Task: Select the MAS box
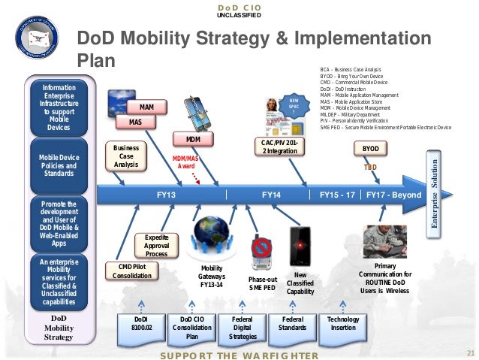pos(135,121)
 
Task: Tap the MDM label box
pos(191,140)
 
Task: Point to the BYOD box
pos(370,149)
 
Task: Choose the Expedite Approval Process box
pos(156,245)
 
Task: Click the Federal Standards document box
pos(292,324)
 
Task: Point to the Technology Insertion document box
pos(343,324)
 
